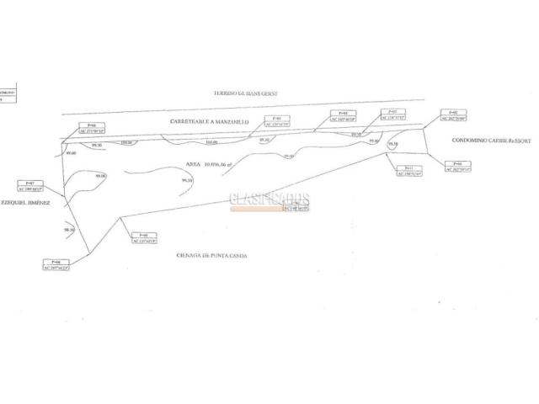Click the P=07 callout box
pyautogui.click(x=29, y=185)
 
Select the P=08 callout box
pyautogui.click(x=56, y=264)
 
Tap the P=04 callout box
pyautogui.click(x=342, y=115)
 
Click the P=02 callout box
pyautogui.click(x=453, y=115)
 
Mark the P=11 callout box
pyautogui.click(x=408, y=171)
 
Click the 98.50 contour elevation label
pyautogui.click(x=70, y=229)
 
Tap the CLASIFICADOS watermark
pyautogui.click(x=269, y=200)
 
